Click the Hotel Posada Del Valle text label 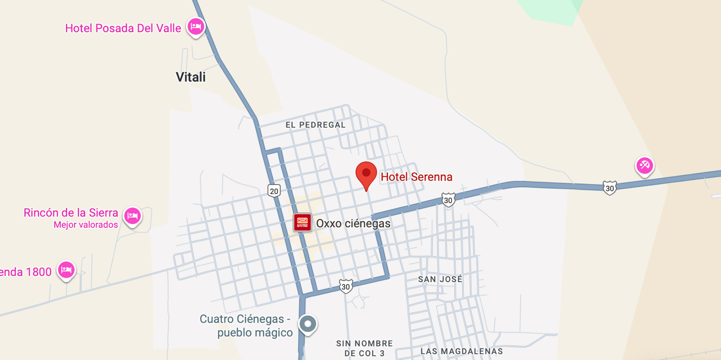123,28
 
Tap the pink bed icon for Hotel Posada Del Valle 196,27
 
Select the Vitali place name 190,77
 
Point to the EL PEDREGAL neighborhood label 315,125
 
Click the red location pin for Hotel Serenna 366,174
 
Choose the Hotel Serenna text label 416,177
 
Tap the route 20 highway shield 274,190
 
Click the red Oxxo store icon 302,222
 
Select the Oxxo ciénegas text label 353,223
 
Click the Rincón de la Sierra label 71,213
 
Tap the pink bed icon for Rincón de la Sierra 133,216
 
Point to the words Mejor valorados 85,225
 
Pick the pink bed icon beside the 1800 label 66,270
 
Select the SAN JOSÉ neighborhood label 440,279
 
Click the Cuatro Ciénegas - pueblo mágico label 245,326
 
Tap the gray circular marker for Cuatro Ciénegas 308,324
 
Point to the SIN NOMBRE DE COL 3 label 365,348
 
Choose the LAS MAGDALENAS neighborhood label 461,351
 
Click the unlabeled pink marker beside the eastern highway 644,165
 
